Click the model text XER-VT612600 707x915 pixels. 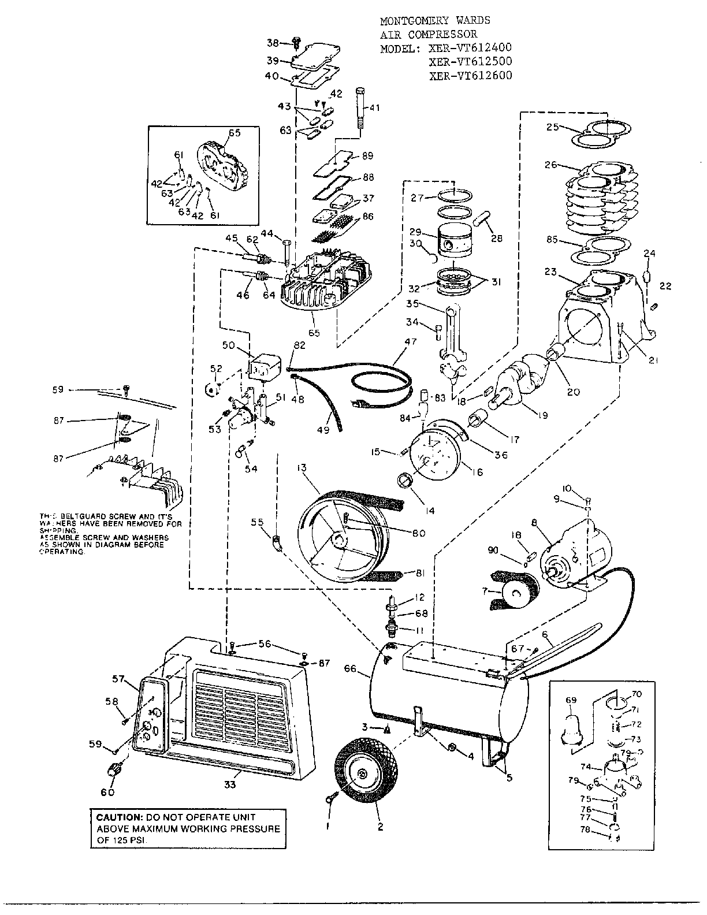pos(470,75)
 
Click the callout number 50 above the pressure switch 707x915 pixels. pos(228,345)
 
